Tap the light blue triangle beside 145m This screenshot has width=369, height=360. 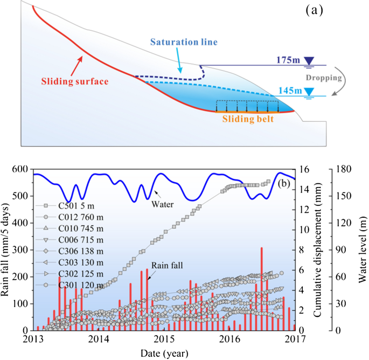309,91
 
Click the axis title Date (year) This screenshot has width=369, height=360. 164,353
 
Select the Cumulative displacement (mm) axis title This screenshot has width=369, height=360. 319,250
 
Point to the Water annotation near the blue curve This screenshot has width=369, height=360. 173,205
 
